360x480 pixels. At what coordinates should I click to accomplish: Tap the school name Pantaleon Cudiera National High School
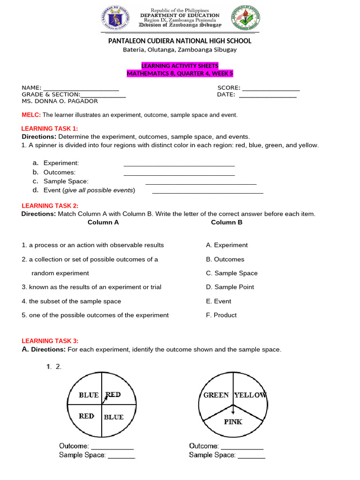coord(180,41)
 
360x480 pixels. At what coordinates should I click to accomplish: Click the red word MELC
coord(31,115)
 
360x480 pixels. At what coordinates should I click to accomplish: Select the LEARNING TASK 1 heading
coord(50,129)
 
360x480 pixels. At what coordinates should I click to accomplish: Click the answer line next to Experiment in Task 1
coord(179,165)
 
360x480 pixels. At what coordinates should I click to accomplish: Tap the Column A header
coord(103,222)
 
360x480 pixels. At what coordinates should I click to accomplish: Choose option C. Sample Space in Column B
coord(232,273)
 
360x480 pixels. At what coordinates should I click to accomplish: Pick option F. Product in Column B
coord(221,315)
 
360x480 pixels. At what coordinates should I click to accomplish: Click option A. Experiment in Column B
coord(227,245)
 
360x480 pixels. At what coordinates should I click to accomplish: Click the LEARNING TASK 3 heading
coord(50,341)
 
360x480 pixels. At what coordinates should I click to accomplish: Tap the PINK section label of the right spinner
coord(233,421)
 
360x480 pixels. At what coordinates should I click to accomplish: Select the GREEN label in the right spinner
coord(216,395)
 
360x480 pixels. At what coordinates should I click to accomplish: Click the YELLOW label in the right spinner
coord(250,395)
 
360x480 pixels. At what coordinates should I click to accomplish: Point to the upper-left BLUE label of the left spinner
coord(89,395)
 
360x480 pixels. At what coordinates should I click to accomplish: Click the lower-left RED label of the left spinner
coord(86,416)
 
